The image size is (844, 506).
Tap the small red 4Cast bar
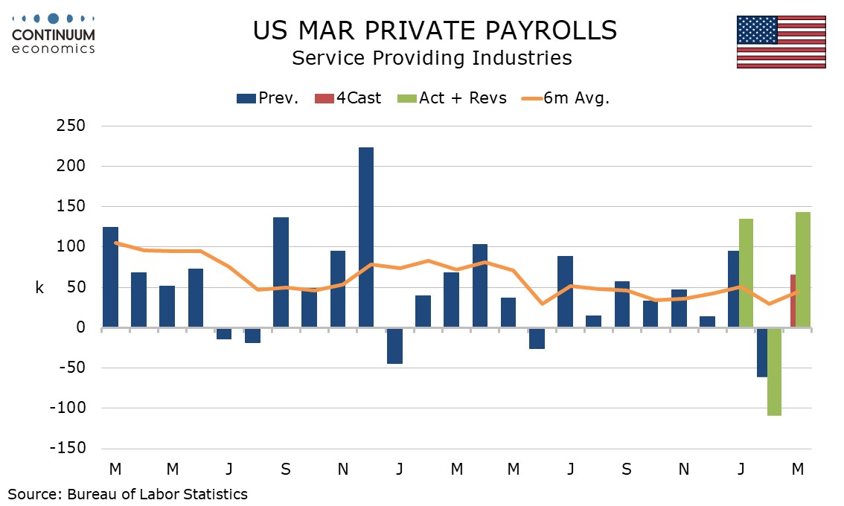pos(793,301)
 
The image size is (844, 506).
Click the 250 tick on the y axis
pos(71,126)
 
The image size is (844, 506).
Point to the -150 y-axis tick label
pos(68,448)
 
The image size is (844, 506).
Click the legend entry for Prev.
pos(268,97)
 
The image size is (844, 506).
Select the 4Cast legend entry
pos(350,97)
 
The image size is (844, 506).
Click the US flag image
pos(781,42)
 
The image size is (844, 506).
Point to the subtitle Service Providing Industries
pos(432,58)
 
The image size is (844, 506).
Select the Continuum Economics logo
pos(53,33)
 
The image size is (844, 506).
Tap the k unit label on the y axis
pos(39,288)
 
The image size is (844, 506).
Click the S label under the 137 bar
pos(286,470)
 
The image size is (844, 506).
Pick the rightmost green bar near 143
pos(803,269)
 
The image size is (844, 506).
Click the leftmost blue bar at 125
pos(110,277)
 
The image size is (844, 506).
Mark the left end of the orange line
pos(115,243)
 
